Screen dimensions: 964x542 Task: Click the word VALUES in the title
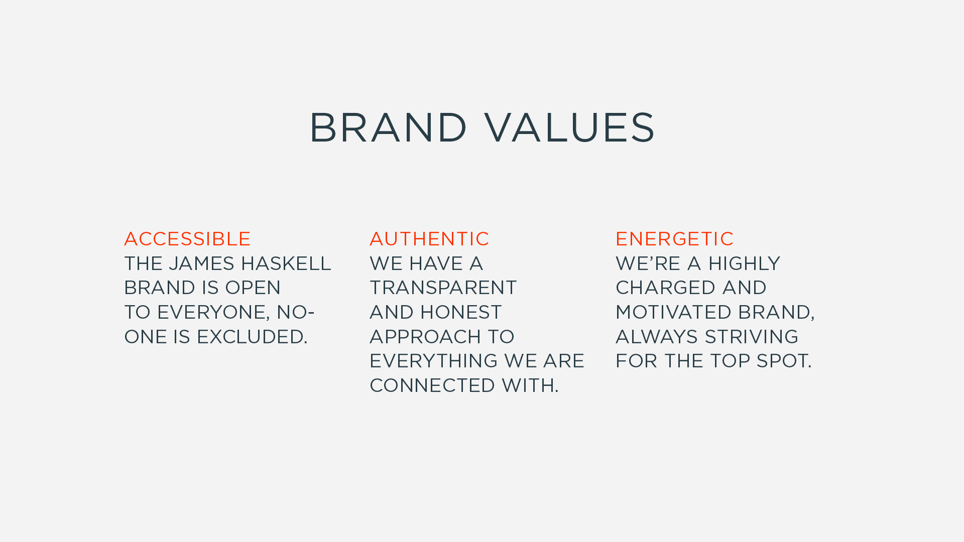(x=570, y=127)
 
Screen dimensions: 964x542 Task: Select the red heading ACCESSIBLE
(x=187, y=239)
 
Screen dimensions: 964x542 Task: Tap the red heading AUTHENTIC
(x=429, y=239)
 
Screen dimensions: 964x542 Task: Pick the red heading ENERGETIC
(x=674, y=239)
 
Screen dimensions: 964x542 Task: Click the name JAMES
(x=201, y=263)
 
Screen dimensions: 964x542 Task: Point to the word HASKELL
(x=286, y=263)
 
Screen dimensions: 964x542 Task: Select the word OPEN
(x=253, y=288)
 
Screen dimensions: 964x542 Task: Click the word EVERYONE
(x=213, y=312)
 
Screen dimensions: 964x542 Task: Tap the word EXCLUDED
(x=252, y=337)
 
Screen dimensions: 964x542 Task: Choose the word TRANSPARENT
(x=443, y=288)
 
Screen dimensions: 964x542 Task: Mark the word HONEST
(x=461, y=312)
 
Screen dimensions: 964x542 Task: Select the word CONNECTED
(x=432, y=385)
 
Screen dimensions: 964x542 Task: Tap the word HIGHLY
(x=744, y=263)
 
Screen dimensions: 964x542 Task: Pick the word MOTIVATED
(x=674, y=312)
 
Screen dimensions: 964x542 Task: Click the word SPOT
(x=784, y=361)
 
